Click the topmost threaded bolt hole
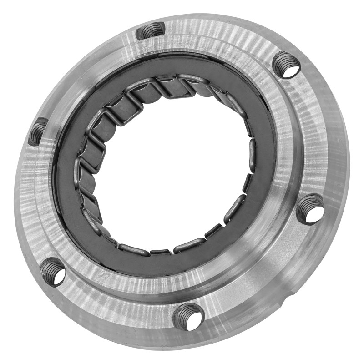coord(151,31)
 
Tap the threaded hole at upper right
coord(287,65)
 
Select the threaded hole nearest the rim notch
coord(310,209)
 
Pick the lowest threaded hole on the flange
coord(188,317)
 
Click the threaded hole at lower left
coord(52,272)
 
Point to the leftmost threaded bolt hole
coord(38,131)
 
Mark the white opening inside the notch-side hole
coord(315,214)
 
